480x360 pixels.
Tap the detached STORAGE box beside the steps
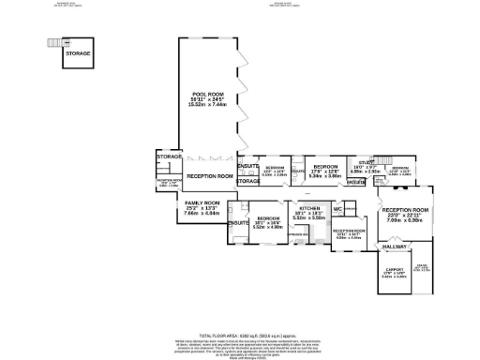(78, 53)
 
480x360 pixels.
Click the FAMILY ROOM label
(202, 202)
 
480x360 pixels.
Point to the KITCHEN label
(309, 208)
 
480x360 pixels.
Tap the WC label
(337, 209)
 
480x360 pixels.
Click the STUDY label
(363, 161)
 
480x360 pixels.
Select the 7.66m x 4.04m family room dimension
(202, 214)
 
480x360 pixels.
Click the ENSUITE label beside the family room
(238, 222)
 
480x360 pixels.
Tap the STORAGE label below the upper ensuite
(248, 182)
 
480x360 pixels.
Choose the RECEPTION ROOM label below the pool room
(209, 176)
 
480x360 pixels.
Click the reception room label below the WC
(349, 231)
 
